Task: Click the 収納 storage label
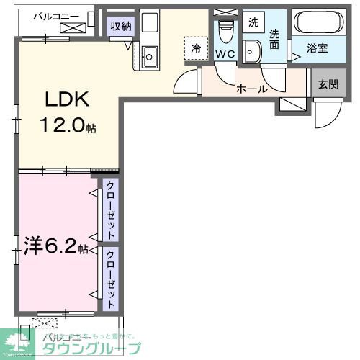120,27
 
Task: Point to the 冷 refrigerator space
195,48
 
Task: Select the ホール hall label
252,89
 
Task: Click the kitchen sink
150,55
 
